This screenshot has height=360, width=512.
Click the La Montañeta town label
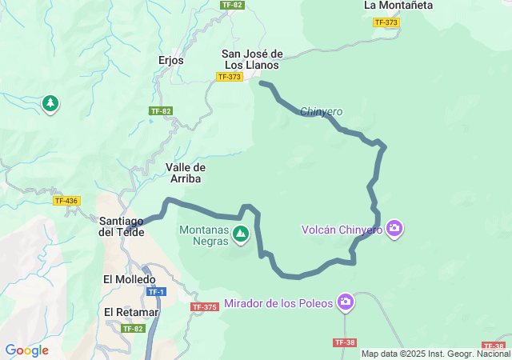pyautogui.click(x=398, y=6)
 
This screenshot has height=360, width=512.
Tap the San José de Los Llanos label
pyautogui.click(x=252, y=59)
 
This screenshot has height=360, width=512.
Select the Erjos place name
pyautogui.click(x=171, y=60)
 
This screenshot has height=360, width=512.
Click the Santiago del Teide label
pyautogui.click(x=122, y=226)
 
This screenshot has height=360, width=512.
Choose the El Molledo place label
pyautogui.click(x=129, y=279)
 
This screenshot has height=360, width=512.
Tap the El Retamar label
pyautogui.click(x=131, y=311)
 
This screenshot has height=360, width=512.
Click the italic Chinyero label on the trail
pyautogui.click(x=322, y=111)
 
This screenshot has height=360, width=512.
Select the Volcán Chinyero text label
pyautogui.click(x=342, y=230)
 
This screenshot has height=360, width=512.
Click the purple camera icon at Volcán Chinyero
pyautogui.click(x=394, y=230)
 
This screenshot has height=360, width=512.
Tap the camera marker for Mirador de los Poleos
pyautogui.click(x=346, y=302)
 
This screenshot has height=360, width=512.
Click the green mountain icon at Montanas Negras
pyautogui.click(x=241, y=234)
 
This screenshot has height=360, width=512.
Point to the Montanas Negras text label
pyautogui.click(x=202, y=234)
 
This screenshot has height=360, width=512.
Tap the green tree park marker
pyautogui.click(x=50, y=104)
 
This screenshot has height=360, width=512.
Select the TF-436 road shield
pyautogui.click(x=66, y=201)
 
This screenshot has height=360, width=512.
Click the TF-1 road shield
pyautogui.click(x=156, y=292)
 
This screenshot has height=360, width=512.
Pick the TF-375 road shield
pyautogui.click(x=205, y=307)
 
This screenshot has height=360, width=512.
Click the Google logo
pyautogui.click(x=26, y=350)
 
